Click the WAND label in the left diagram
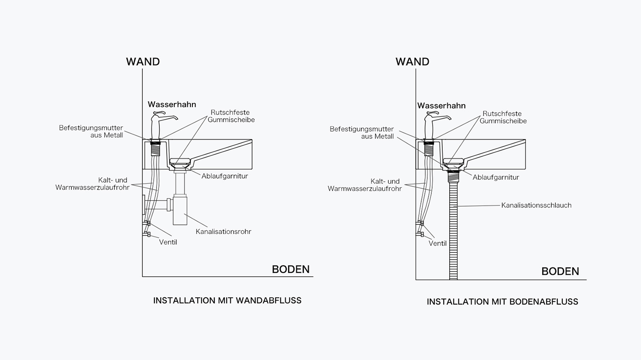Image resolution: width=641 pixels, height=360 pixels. (x=143, y=62)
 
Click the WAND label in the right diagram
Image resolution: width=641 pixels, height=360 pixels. (x=412, y=62)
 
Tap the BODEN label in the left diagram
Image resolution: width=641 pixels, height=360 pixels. (x=291, y=269)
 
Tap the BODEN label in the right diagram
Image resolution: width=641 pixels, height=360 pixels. (x=560, y=272)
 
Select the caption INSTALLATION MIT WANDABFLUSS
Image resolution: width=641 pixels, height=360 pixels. (x=227, y=301)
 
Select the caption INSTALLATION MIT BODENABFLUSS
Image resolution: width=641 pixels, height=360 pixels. (x=502, y=302)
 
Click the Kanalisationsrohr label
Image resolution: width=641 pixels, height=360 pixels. (x=223, y=232)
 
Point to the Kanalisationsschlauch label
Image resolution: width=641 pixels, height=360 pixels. (x=536, y=205)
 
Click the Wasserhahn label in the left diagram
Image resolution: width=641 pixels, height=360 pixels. (x=172, y=104)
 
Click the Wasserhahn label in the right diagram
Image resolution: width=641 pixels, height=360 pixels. (x=441, y=106)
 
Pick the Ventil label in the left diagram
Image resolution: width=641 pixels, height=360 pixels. (x=168, y=242)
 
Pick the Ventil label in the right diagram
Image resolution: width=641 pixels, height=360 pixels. (x=438, y=244)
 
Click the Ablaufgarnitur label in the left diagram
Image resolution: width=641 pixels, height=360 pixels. (x=224, y=176)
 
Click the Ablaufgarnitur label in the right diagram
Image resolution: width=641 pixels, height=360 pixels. (x=496, y=177)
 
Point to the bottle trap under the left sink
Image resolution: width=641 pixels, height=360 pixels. (x=180, y=208)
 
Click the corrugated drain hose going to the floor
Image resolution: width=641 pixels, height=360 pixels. (x=453, y=229)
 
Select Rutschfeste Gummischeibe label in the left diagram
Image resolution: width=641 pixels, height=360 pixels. (x=231, y=116)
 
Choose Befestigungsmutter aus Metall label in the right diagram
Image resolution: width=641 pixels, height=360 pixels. (x=362, y=133)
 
